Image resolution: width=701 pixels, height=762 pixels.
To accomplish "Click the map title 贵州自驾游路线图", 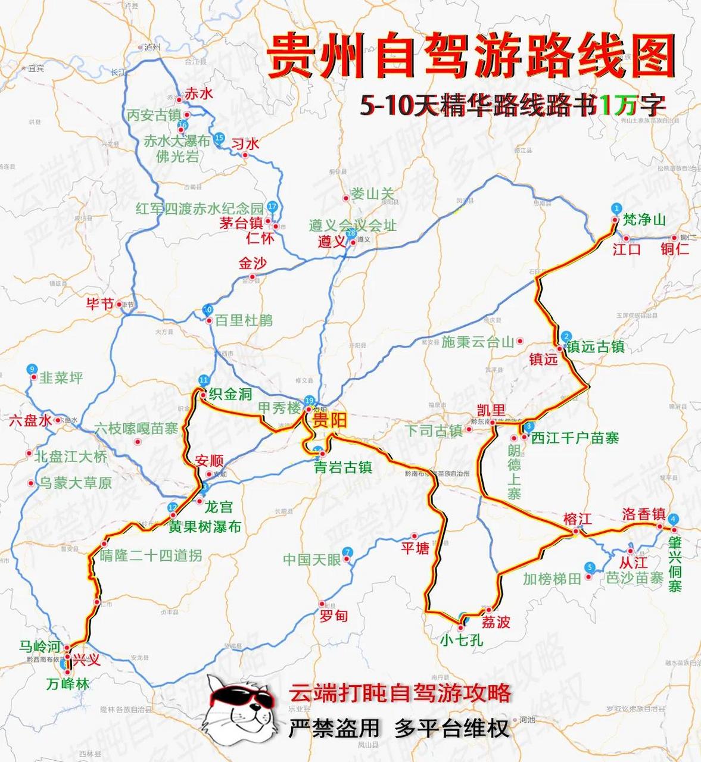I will (471, 57).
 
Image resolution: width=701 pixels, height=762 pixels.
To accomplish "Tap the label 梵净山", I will (644, 220).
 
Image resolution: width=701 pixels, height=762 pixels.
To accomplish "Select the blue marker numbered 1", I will (616, 208).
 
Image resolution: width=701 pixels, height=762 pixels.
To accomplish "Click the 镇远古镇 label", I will (595, 346).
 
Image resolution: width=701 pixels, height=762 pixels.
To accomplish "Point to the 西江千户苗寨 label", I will (575, 438).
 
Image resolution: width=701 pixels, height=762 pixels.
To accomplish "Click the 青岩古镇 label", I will (343, 467).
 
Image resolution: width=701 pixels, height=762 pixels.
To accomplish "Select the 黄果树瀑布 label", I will (205, 526).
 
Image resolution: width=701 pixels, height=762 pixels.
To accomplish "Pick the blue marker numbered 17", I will (273, 207).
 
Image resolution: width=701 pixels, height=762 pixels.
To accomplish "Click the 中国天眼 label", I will (311, 560).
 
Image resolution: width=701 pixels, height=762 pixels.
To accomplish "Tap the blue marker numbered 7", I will (347, 552).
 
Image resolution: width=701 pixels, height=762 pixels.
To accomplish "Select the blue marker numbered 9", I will (32, 369).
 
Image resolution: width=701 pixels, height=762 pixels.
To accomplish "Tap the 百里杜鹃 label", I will (244, 320).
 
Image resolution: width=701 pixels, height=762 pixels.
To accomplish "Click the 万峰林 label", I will (68, 685).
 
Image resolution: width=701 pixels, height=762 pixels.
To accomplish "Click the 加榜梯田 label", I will (552, 578).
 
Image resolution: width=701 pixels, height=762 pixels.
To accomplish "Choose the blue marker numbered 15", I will (219, 138).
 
